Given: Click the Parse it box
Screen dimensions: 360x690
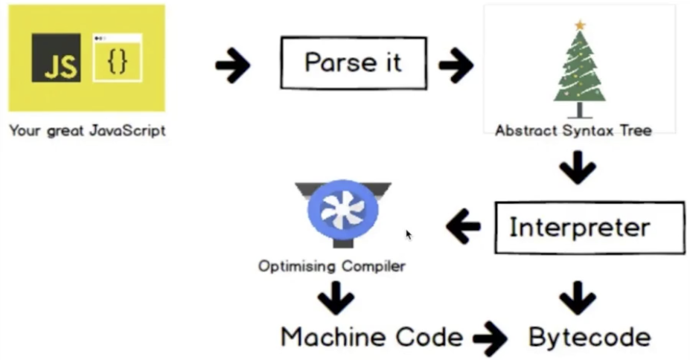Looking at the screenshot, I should pyautogui.click(x=353, y=62).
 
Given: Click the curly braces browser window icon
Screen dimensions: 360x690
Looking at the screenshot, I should pyautogui.click(x=117, y=58).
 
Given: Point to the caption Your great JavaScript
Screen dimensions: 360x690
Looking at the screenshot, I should pyautogui.click(x=87, y=131).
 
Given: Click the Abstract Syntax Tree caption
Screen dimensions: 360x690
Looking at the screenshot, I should pyautogui.click(x=573, y=131).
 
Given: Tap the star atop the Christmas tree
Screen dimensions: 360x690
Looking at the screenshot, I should pyautogui.click(x=580, y=25).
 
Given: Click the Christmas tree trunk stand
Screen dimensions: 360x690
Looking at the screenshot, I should pyautogui.click(x=580, y=111).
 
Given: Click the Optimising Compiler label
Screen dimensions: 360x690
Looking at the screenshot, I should pyautogui.click(x=332, y=266).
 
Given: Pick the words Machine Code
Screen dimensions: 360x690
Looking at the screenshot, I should pyautogui.click(x=371, y=338).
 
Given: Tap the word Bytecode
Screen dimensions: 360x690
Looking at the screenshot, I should pyautogui.click(x=590, y=338).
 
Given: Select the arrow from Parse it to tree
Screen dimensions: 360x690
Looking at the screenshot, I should pyautogui.click(x=456, y=66).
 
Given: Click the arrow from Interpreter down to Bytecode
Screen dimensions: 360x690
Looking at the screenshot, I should pyautogui.click(x=578, y=297).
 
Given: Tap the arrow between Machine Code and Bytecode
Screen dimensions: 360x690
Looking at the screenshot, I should pyautogui.click(x=490, y=339).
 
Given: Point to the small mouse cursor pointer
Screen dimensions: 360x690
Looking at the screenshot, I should pyautogui.click(x=409, y=235).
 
